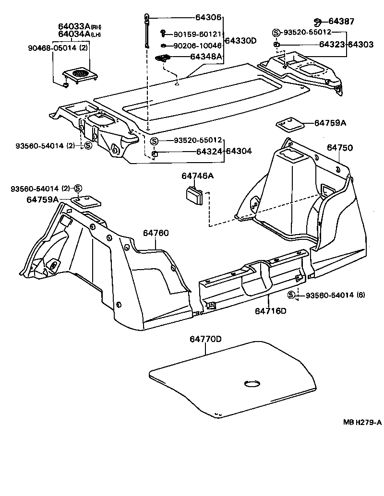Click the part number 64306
point(209,18)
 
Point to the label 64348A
point(206,57)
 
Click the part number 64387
point(341,21)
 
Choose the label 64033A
point(74,26)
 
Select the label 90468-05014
point(49,48)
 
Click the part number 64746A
point(197,177)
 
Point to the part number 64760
point(156,233)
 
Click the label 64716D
point(270,311)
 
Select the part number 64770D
point(205,339)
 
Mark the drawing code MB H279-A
point(362,422)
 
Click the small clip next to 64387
point(318,21)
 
